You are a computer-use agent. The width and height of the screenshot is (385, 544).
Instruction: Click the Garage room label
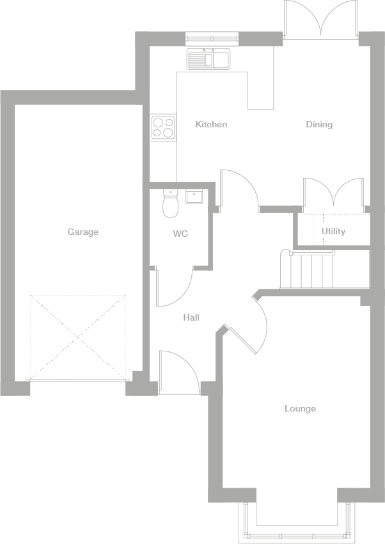83,232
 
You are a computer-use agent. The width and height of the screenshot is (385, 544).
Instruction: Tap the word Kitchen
211,124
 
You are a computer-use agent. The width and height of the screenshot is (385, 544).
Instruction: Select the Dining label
319,124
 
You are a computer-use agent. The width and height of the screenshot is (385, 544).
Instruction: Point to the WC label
180,234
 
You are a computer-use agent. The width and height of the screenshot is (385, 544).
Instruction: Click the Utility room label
333,231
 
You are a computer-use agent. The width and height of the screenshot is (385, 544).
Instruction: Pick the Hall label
191,317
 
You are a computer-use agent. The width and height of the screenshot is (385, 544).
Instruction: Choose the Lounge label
300,408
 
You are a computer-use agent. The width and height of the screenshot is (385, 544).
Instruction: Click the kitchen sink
208,59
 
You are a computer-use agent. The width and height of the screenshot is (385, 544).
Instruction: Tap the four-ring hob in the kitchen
162,127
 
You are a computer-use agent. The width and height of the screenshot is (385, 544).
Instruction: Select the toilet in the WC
170,204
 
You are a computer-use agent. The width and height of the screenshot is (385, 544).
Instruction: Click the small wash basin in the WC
194,196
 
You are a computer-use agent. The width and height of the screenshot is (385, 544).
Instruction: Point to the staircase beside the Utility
312,271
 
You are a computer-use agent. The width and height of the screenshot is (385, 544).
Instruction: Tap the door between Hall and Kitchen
238,189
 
